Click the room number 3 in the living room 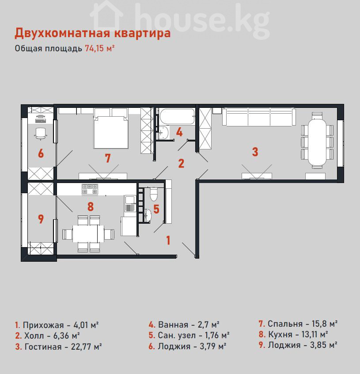pos(255,152)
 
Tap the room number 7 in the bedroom pos(108,158)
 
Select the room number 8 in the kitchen pos(90,207)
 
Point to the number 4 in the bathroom pos(179,132)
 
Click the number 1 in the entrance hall pos(168,240)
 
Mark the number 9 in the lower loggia pos(41,219)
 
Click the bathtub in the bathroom pos(177,116)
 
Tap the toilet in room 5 pos(154,194)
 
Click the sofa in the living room pos(259,117)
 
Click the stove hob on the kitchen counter pos(90,189)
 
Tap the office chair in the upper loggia pos(41,133)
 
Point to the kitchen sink pos(129,204)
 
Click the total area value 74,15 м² pos(100,49)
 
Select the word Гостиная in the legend pos(43,347)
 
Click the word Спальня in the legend pos(285,324)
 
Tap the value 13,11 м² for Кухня pos(315,334)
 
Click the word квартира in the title pos(142,33)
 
